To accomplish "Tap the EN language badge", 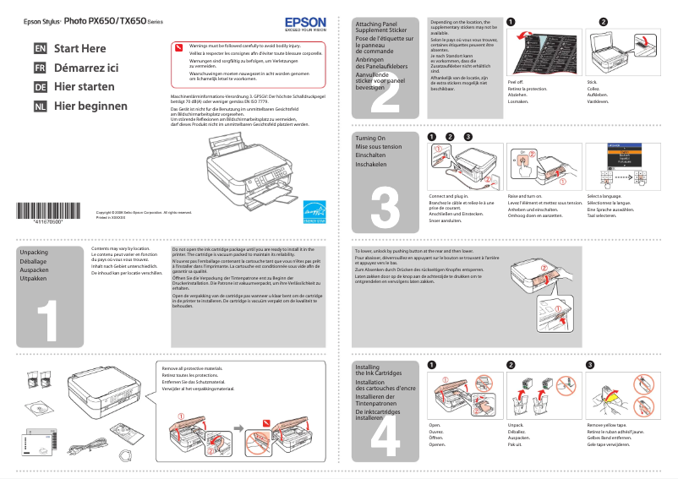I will tap(40, 49).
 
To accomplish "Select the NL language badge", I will tap(40, 106).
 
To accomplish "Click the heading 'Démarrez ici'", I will tap(86, 68).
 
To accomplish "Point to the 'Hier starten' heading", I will tap(84, 87).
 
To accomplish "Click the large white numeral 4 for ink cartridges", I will tap(385, 435).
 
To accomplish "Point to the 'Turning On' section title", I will tap(370, 138).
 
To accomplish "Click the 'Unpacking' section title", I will tap(34, 253).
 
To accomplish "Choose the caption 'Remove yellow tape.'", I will tap(607, 425).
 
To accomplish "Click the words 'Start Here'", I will tap(80, 49).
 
